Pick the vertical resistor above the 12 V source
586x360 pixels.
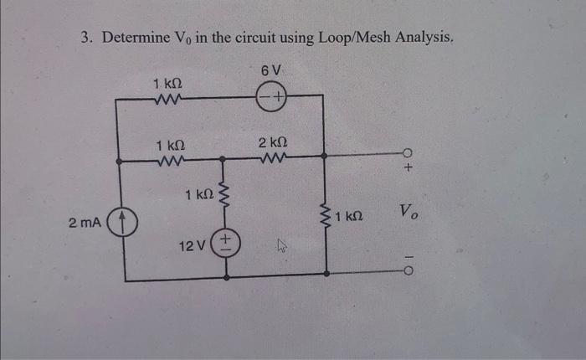(x=223, y=195)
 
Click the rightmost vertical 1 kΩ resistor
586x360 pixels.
(x=325, y=219)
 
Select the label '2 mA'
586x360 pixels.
(x=85, y=224)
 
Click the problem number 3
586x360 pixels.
(x=85, y=38)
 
